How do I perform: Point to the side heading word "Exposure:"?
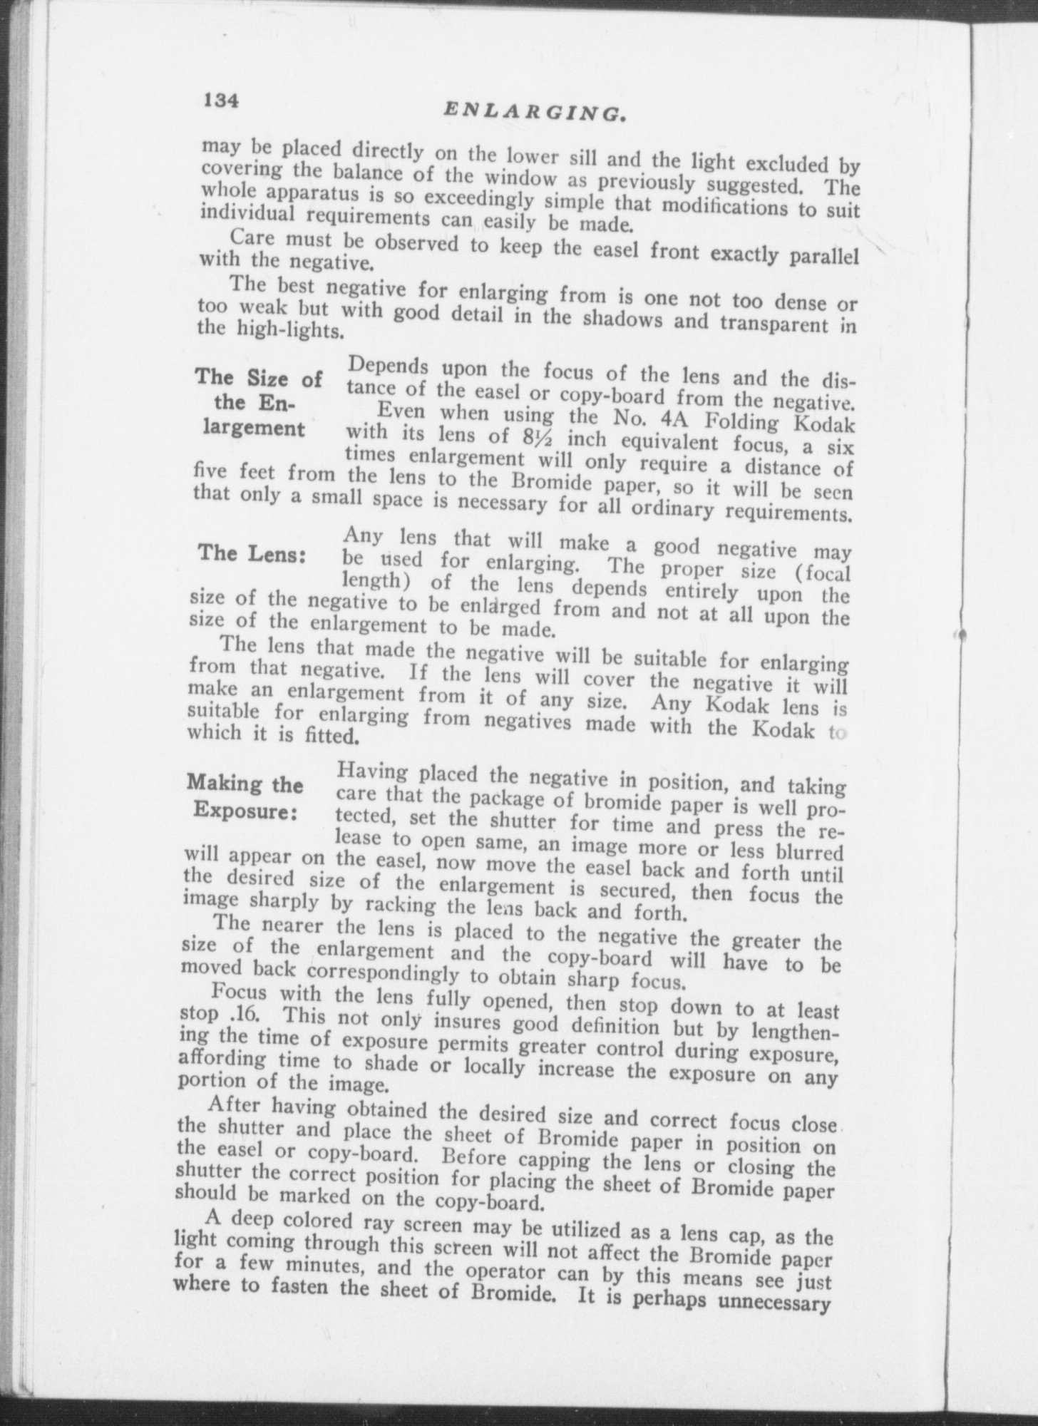245,812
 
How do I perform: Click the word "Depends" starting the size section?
387,366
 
